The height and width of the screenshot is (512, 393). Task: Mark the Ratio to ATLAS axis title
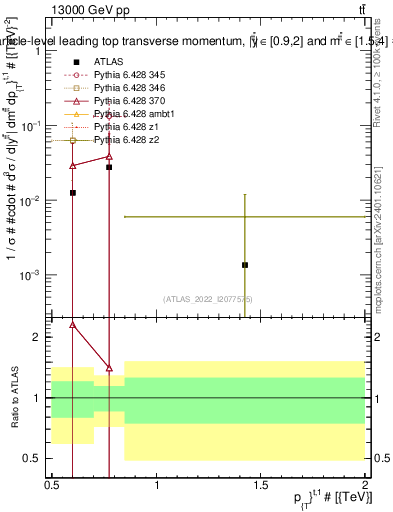13,398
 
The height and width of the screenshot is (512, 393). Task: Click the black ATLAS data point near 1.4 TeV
245,265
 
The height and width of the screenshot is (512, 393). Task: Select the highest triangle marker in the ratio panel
73,324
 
